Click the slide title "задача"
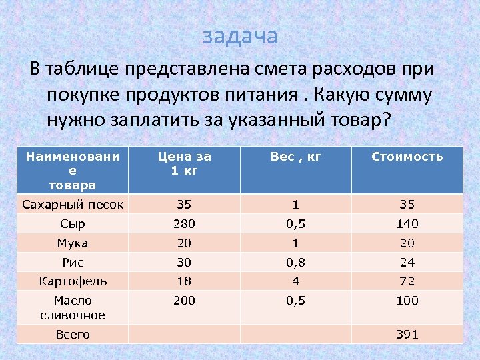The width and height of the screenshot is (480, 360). point(239,36)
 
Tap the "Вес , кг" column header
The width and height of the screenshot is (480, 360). point(295,157)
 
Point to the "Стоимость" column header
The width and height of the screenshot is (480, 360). point(407,157)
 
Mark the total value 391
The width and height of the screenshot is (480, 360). point(407,335)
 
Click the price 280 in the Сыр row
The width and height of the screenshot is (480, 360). point(184,224)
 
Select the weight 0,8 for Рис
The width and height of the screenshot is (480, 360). point(295,263)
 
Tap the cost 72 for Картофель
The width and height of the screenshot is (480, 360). point(407,281)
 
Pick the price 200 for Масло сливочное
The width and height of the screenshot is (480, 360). point(184,301)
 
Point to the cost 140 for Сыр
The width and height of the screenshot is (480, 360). point(407,224)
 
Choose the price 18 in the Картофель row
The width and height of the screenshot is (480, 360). point(184,281)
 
